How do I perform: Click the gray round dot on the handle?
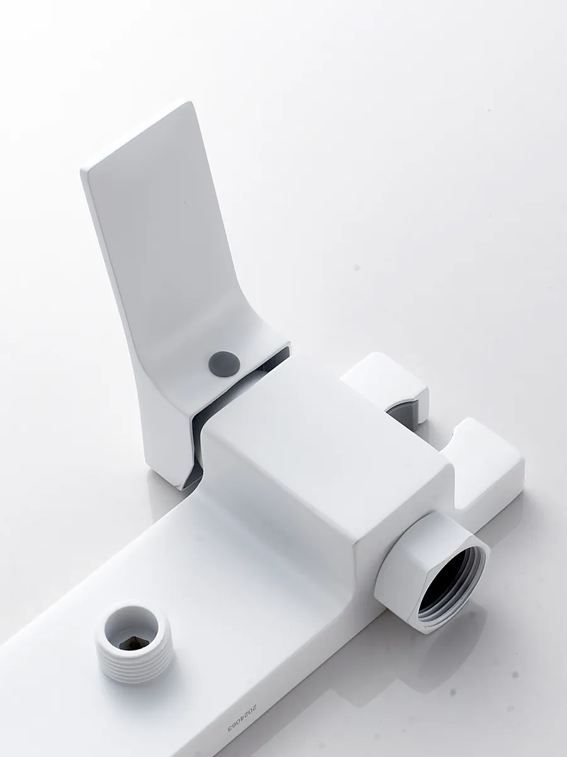[224, 361]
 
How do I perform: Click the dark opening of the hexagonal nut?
[447, 573]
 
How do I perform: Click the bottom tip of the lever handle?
[184, 487]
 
